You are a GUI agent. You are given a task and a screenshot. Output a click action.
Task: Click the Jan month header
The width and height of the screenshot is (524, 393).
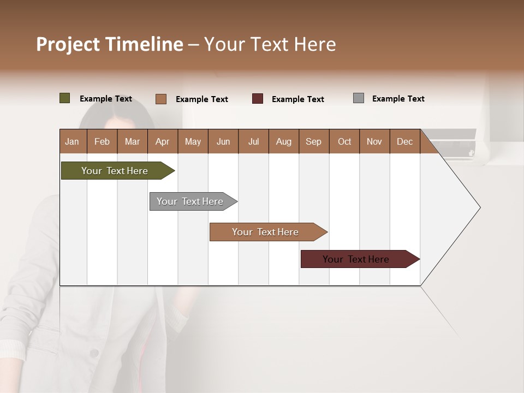73,141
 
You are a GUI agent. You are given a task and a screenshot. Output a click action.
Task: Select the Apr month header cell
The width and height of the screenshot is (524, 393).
163,141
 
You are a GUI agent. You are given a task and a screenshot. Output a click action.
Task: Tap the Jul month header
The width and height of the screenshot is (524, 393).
253,141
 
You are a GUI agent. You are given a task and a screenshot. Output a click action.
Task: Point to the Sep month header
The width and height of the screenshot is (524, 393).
314,141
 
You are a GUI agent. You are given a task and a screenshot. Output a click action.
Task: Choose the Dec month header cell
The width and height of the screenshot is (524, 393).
404,141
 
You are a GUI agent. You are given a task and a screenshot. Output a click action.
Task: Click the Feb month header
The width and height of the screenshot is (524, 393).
102,141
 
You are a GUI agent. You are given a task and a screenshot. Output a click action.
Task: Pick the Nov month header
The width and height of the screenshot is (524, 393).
374,141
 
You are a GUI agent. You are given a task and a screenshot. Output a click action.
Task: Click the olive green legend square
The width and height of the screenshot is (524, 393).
65,98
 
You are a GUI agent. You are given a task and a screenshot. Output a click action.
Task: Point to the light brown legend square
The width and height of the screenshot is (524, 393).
161,99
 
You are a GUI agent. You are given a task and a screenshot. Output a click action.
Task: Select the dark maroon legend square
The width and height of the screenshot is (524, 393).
258,99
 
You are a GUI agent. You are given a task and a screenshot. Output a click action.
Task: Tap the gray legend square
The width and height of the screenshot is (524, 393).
359,98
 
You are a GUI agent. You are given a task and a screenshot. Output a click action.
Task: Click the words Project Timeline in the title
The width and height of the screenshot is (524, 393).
109,44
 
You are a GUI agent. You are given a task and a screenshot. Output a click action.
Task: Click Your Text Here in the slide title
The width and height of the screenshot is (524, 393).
270,44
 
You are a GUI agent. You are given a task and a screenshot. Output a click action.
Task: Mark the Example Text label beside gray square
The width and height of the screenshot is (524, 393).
398,99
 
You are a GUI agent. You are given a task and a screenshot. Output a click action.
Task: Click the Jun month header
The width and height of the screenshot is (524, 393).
223,141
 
